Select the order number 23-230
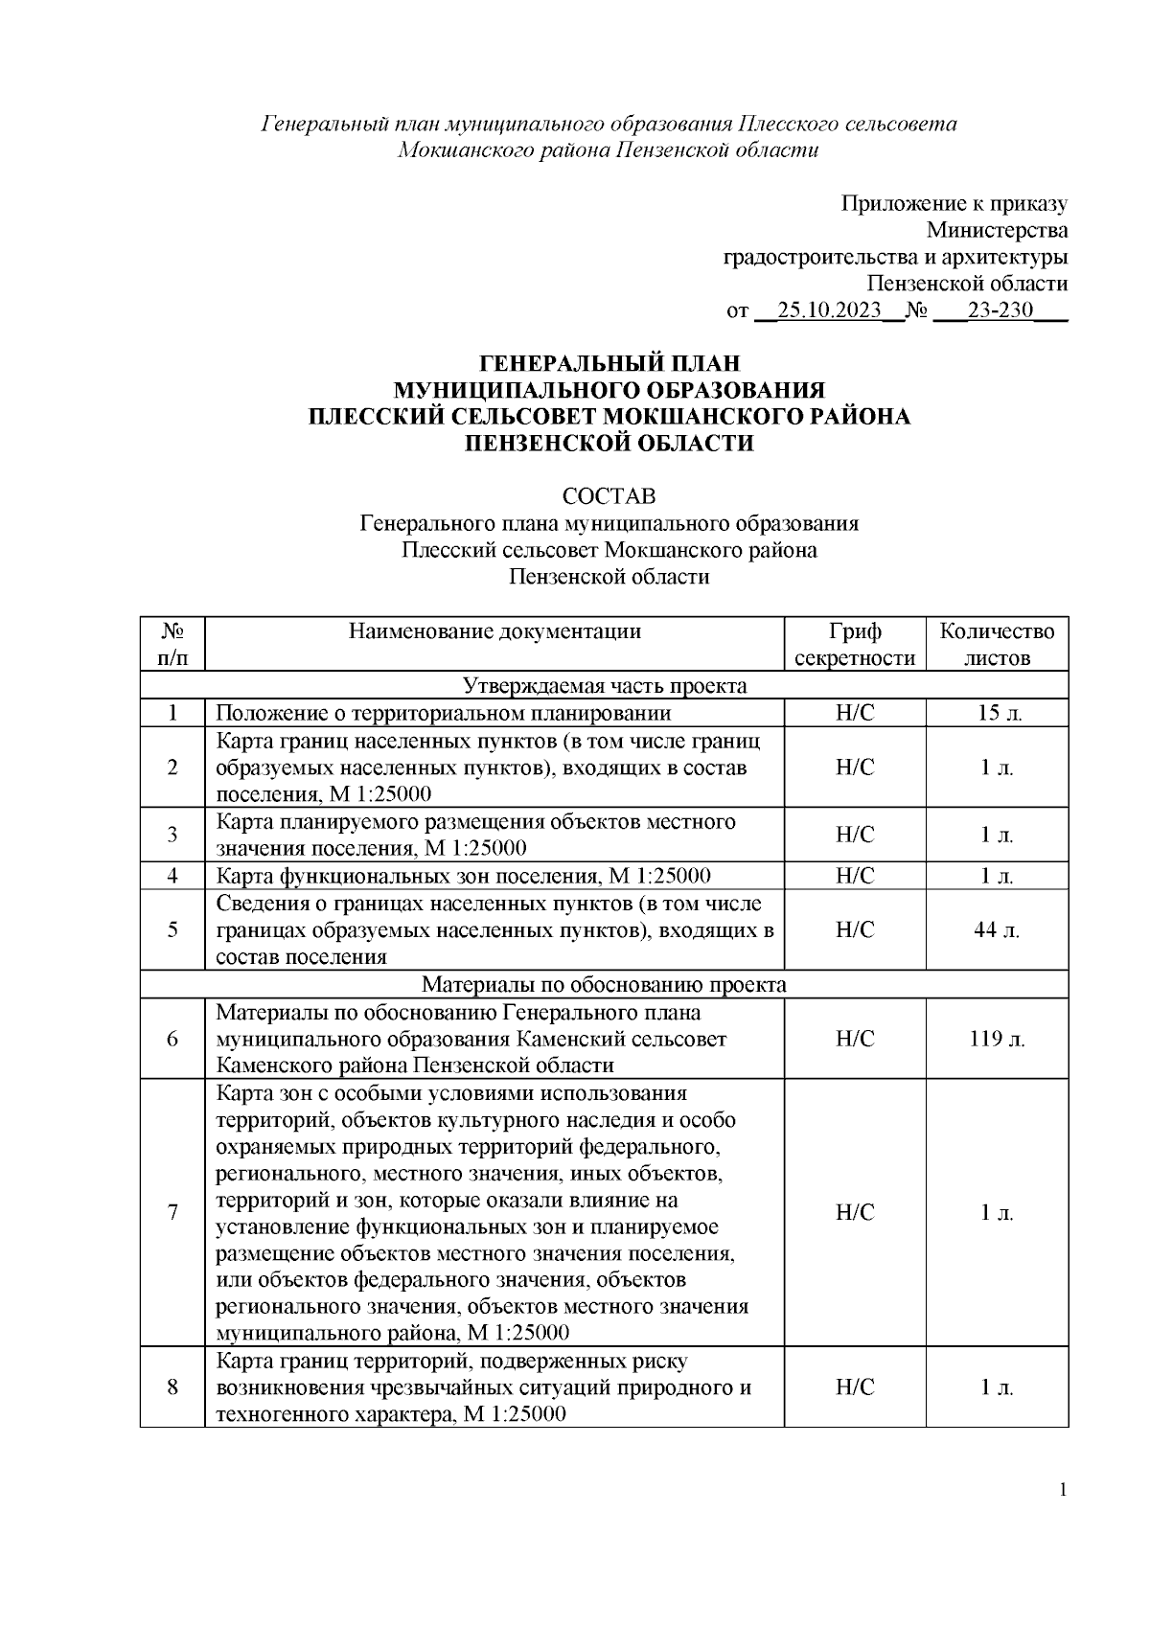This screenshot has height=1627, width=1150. [x=1000, y=311]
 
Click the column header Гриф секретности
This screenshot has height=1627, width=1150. [x=855, y=644]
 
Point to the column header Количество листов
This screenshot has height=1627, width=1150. [x=997, y=644]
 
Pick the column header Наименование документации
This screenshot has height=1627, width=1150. [x=494, y=631]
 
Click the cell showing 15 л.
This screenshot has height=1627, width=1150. [x=997, y=713]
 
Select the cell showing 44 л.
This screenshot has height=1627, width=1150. [x=997, y=930]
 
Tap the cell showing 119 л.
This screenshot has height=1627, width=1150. [x=997, y=1040]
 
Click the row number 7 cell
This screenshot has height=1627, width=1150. [x=172, y=1213]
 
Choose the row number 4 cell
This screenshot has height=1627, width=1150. [x=172, y=876]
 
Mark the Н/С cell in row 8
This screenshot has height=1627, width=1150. [x=855, y=1387]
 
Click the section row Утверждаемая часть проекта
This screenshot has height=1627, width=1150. [x=605, y=686]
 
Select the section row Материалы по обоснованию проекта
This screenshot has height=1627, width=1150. [x=605, y=985]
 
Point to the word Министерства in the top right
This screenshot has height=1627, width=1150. [x=997, y=230]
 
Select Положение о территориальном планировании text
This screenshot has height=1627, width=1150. [x=443, y=713]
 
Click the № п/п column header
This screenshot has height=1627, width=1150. [x=172, y=644]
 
